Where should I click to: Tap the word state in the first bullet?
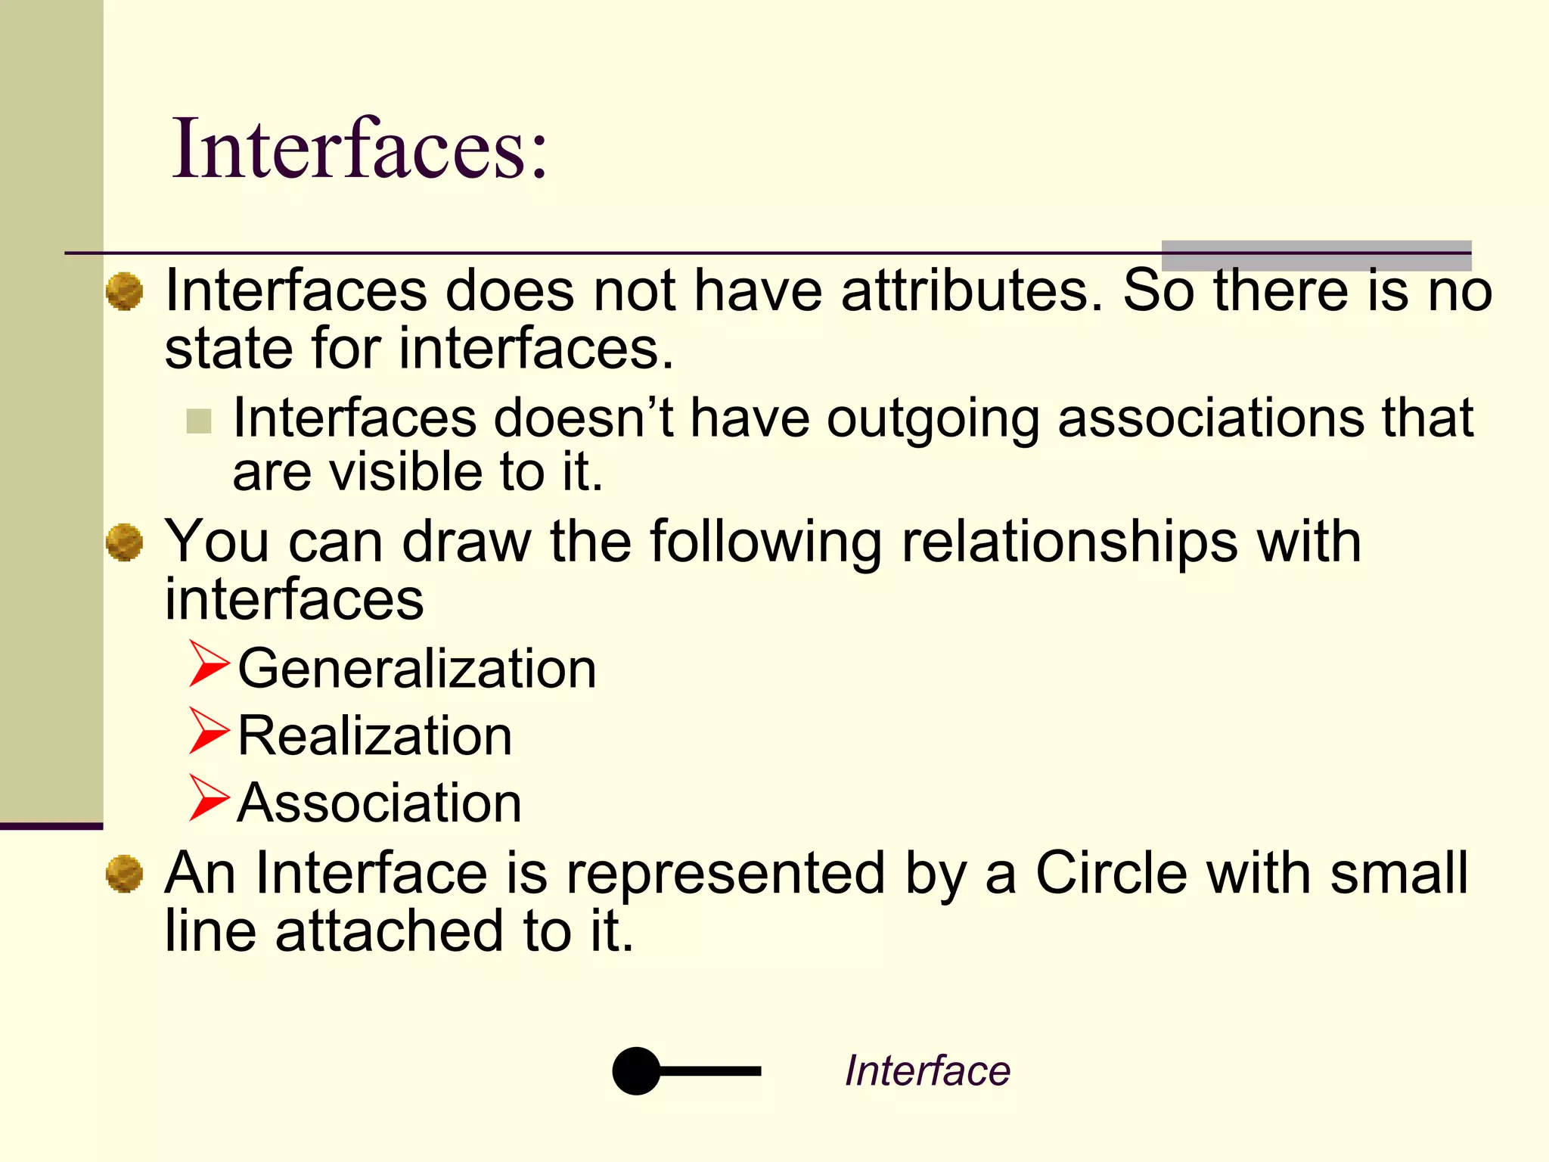point(228,350)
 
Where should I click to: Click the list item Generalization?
point(417,670)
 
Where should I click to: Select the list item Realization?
point(375,736)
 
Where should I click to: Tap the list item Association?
point(380,803)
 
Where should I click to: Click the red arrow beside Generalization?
point(208,663)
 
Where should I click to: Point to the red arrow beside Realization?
point(208,731)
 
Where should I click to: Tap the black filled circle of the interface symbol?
point(636,1070)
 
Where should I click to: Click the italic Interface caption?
point(927,1070)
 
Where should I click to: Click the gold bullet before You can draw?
point(124,543)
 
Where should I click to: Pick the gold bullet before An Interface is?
point(124,875)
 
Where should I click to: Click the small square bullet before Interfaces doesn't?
point(199,421)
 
